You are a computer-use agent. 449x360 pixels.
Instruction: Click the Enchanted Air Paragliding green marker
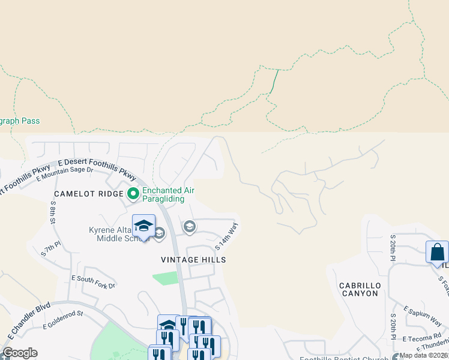(133, 193)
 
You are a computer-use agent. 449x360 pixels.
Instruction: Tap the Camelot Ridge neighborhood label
(89, 194)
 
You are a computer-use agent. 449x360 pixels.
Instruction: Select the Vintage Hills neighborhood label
(193, 260)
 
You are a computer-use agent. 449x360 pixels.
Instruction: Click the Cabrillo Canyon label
(358, 289)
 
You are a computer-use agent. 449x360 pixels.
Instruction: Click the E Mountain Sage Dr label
(65, 173)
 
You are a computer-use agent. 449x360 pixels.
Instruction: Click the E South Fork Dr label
(93, 282)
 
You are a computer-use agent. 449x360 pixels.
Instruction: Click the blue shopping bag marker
(437, 252)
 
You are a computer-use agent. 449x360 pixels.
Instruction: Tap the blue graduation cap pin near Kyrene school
(143, 226)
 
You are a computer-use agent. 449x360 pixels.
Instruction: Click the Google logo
(20, 353)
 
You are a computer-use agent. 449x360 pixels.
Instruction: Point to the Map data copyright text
(424, 355)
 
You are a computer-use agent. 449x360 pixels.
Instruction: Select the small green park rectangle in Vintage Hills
(165, 278)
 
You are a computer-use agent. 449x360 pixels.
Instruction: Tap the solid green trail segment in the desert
(274, 81)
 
